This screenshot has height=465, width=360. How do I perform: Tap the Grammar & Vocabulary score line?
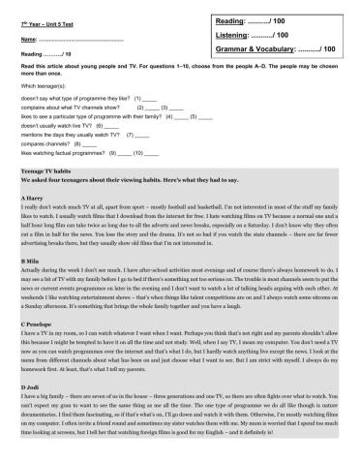(x=289, y=47)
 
